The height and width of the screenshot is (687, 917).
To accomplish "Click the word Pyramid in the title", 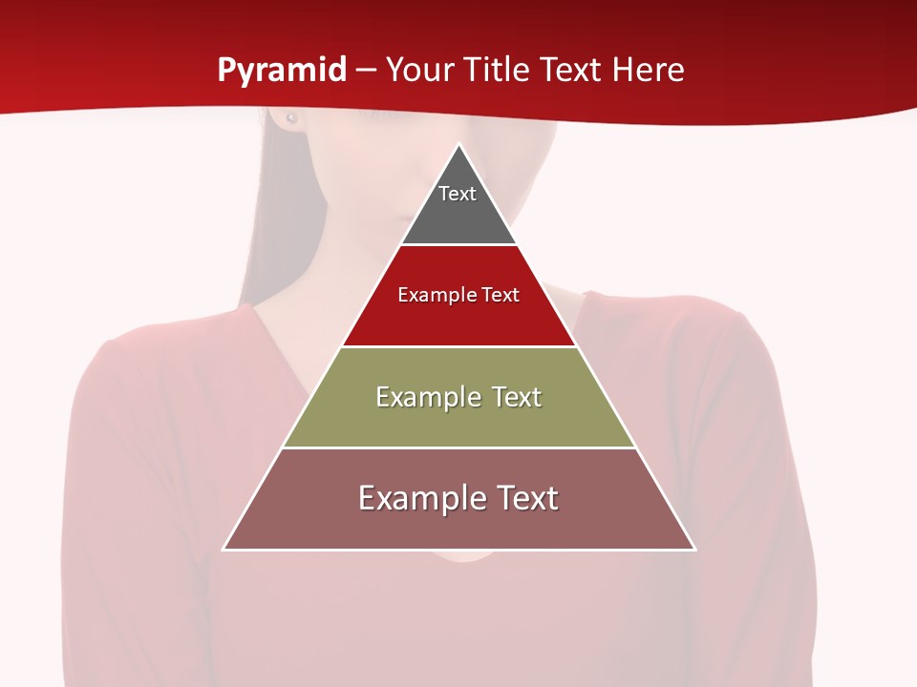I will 281,71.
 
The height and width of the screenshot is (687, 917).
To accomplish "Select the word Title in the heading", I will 500,70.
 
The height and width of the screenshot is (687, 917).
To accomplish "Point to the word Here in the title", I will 648,70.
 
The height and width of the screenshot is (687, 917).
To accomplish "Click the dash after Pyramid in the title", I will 366,71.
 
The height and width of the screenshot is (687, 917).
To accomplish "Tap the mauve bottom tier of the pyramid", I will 458,525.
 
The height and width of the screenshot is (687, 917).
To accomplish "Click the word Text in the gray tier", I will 458,194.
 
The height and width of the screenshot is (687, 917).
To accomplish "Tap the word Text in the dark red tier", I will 501,295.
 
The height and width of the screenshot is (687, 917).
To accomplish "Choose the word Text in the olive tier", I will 516,397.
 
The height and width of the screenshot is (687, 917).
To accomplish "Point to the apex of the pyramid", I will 458,146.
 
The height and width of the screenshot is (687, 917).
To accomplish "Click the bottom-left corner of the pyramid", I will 224,549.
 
